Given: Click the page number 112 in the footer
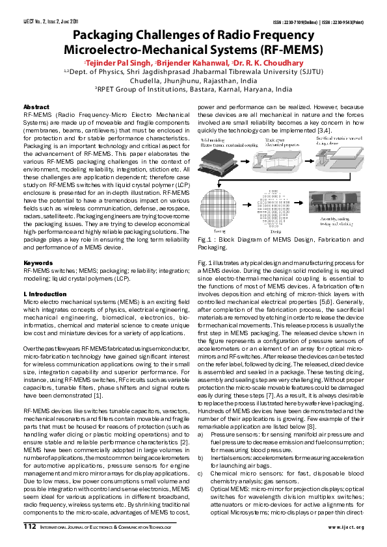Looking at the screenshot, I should point(30,526).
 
